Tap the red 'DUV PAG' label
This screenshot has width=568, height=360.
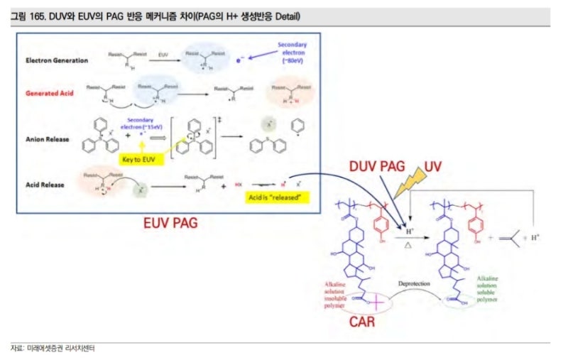coord(376,166)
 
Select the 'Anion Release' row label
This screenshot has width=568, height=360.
coord(47,139)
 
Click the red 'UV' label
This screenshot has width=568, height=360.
coord(435,165)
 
